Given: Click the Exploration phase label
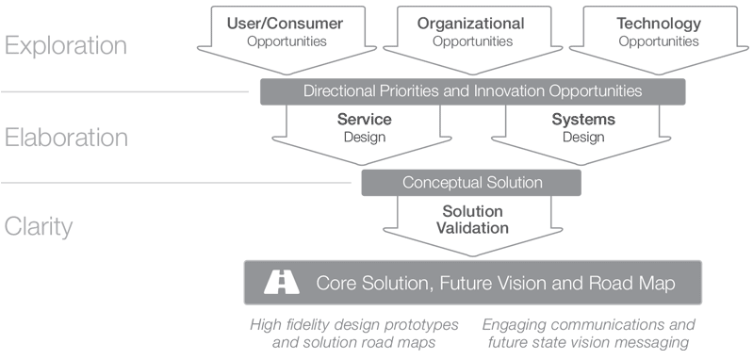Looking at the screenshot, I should coord(65,46).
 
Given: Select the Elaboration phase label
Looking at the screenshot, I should coord(66,138).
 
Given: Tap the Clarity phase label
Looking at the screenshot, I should coord(38,227).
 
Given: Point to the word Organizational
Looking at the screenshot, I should coord(471,24).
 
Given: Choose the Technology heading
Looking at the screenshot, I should coord(658,24).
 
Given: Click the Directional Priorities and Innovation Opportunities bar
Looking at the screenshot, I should coord(472,91).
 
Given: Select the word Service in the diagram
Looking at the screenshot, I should coord(364,120).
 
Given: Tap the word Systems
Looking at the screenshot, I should coord(582,120).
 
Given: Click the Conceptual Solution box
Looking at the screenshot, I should coord(471,181).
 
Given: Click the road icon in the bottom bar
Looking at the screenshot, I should coord(281,282).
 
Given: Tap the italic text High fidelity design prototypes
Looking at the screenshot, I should coord(353,324).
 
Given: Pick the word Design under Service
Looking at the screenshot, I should coord(364,137).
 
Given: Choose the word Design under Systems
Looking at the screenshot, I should coord(582,137).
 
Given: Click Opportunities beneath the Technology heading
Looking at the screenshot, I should coord(658,41).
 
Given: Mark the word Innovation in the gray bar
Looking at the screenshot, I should coord(518,91).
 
